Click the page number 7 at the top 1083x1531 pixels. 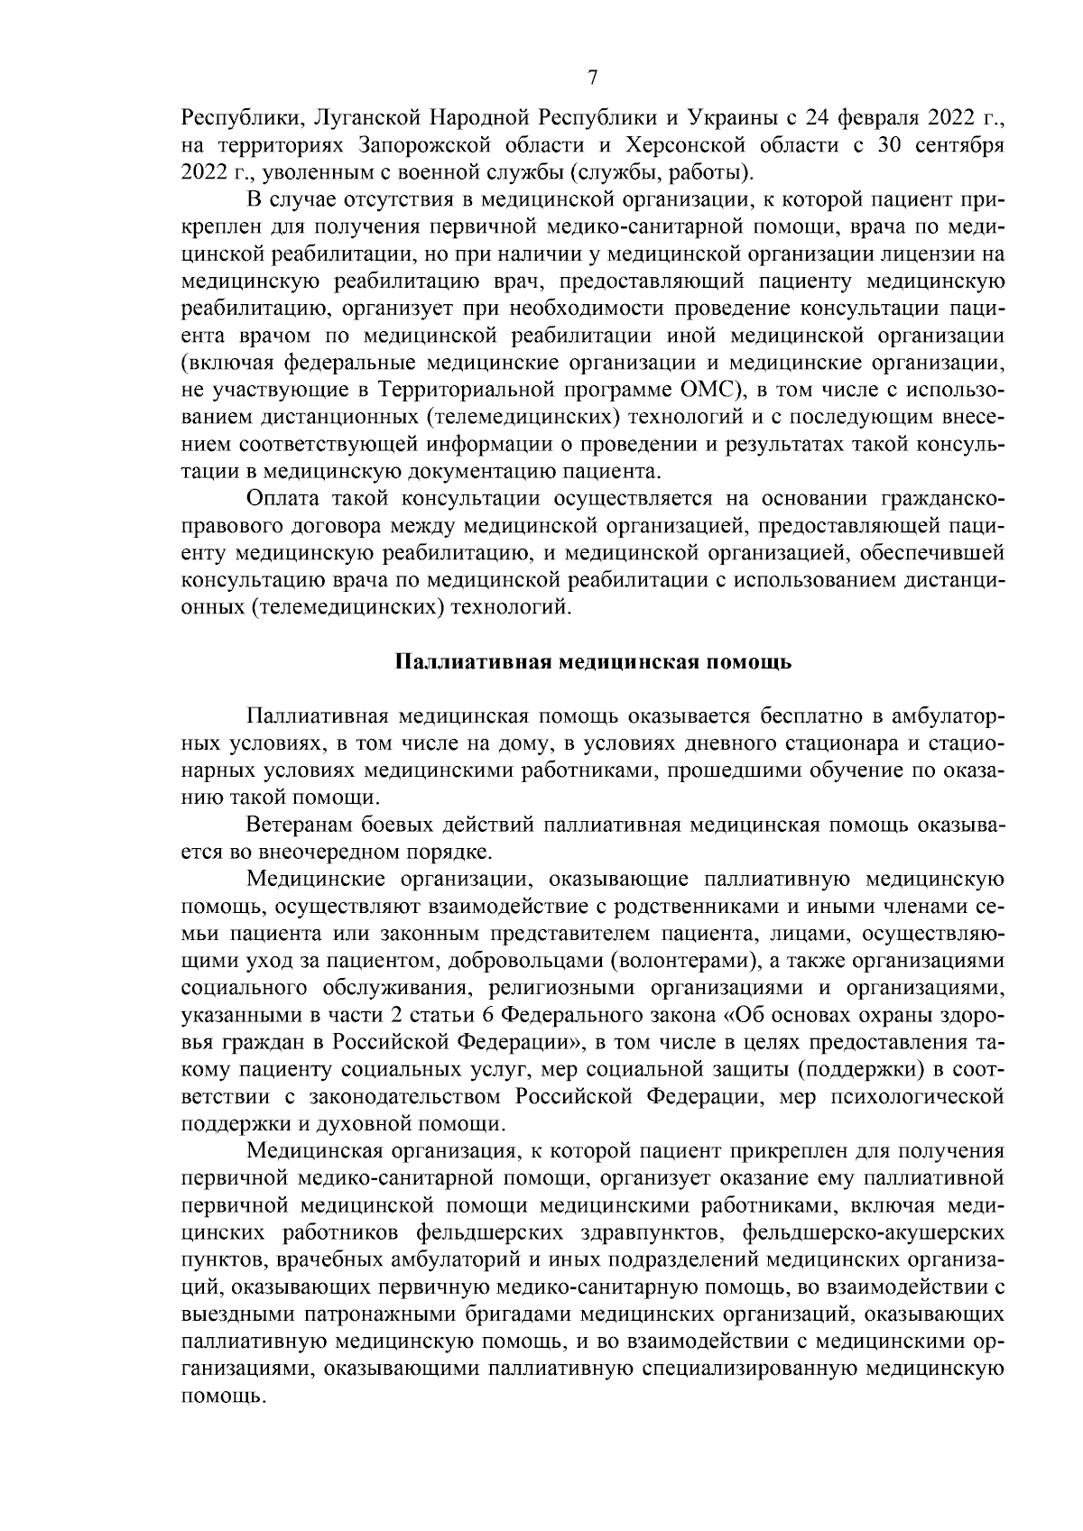(592, 78)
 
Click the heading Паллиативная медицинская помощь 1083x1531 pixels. (593, 662)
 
